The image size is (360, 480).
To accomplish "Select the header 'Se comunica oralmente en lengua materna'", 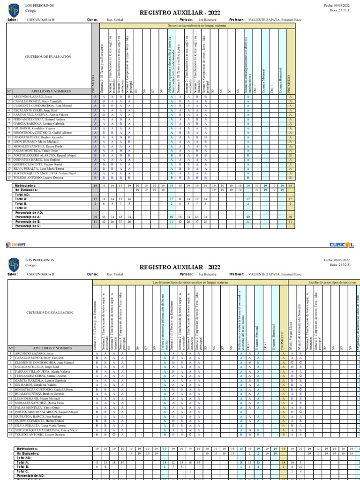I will pos(196,26).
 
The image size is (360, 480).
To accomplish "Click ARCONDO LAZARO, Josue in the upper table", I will pos(28,96).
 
